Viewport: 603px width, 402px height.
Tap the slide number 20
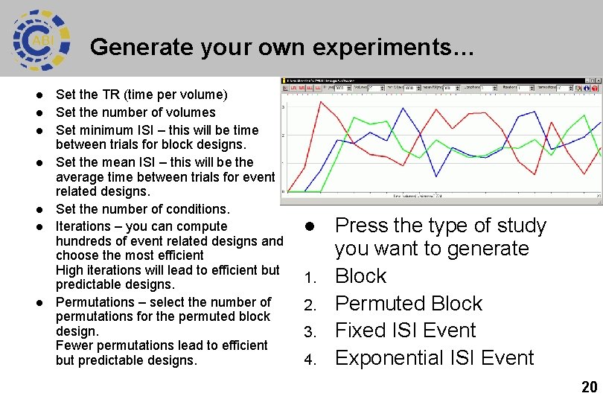click(589, 386)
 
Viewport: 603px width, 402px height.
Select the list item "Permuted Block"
click(408, 304)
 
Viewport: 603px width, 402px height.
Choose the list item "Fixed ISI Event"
click(405, 331)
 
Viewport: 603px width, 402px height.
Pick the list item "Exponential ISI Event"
click(434, 358)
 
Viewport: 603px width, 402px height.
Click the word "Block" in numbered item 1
click(360, 276)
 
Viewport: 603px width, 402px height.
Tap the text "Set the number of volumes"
click(135, 112)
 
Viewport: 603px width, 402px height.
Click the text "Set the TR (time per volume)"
click(141, 95)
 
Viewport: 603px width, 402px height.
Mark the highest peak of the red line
click(320, 102)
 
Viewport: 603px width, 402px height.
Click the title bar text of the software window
click(320, 80)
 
